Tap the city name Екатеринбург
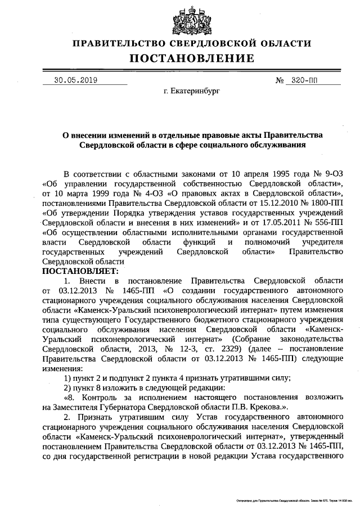(191, 90)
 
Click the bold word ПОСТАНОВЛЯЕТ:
(77, 271)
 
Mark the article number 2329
(224, 349)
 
